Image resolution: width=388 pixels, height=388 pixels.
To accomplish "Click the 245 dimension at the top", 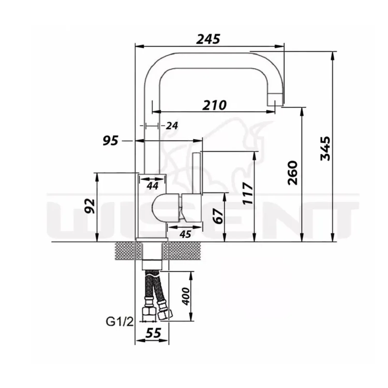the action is pyautogui.click(x=208, y=39).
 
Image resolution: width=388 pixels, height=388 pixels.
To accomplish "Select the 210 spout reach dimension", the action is pyautogui.click(x=214, y=105).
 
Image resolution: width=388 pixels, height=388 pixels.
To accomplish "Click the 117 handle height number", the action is pyautogui.click(x=249, y=193).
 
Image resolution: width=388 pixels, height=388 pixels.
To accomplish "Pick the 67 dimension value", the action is pyautogui.click(x=218, y=216).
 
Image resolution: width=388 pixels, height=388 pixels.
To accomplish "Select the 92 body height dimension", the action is pyautogui.click(x=90, y=206).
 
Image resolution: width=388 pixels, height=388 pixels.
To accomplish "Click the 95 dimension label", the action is pyautogui.click(x=110, y=141).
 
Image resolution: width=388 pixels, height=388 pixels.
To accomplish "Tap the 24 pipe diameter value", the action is pyautogui.click(x=172, y=126).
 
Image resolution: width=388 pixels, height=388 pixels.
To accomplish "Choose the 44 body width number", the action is pyautogui.click(x=152, y=185).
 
